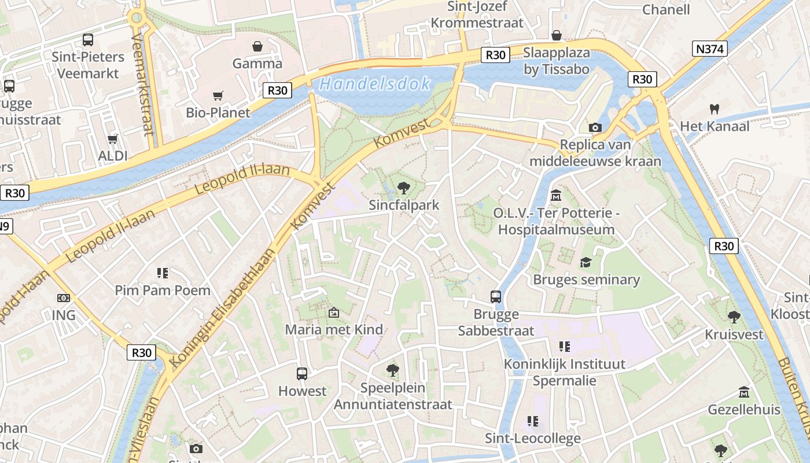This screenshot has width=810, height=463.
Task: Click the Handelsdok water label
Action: point(375,84)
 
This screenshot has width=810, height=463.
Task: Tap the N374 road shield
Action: point(709,49)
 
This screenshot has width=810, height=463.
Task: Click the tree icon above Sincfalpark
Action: point(404,188)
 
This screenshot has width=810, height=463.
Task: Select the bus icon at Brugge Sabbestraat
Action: point(496,297)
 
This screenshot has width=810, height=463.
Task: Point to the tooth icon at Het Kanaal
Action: point(714,109)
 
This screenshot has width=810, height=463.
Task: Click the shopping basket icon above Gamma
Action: point(257,46)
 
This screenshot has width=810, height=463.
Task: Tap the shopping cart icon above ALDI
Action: point(113,139)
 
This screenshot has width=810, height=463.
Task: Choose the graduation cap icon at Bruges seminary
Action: point(586,263)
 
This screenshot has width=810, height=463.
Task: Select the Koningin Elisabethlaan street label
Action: point(223,307)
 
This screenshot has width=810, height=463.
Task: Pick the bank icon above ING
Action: point(64,298)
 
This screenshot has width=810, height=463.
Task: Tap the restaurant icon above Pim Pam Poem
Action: point(162,273)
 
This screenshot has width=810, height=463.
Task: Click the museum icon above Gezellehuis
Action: point(744,392)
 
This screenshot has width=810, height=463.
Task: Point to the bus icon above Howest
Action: point(302,373)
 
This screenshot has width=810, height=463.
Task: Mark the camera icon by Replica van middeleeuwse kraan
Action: point(595,127)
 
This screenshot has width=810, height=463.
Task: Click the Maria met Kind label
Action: point(334,329)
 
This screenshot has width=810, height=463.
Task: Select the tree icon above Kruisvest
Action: point(734,317)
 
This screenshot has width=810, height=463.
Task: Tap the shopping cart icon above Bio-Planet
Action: point(218,95)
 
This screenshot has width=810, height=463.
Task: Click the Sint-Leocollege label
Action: point(532,438)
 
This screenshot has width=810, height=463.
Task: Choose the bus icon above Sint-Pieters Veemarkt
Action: point(88,39)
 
